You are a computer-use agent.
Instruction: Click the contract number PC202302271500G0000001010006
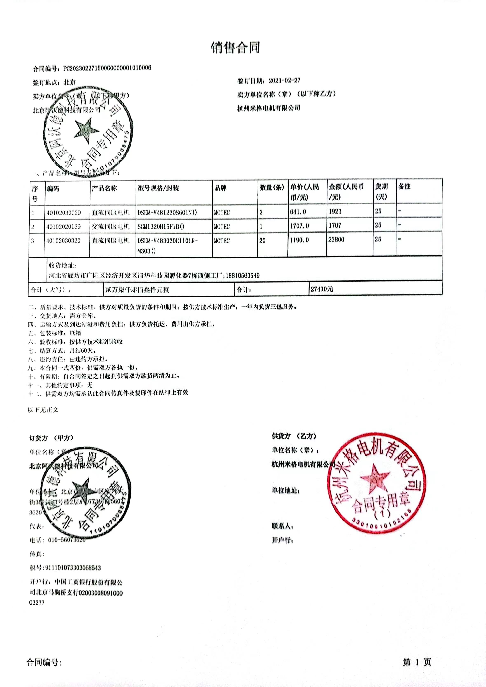pos(107,68)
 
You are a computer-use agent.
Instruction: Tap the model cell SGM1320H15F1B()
pos(161,227)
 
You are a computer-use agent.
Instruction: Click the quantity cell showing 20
pos(262,241)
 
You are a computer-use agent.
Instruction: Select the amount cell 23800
pos(336,240)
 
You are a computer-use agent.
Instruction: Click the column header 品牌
pos(221,188)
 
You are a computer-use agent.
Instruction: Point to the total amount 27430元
pos(322,289)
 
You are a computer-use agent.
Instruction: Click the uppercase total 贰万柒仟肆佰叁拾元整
pos(137,290)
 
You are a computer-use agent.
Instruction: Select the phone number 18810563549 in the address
pos(242,275)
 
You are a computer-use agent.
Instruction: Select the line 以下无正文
pos(43,410)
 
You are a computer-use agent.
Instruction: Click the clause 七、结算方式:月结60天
pos(61,350)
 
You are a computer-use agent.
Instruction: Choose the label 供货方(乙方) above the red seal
pos(294,436)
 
